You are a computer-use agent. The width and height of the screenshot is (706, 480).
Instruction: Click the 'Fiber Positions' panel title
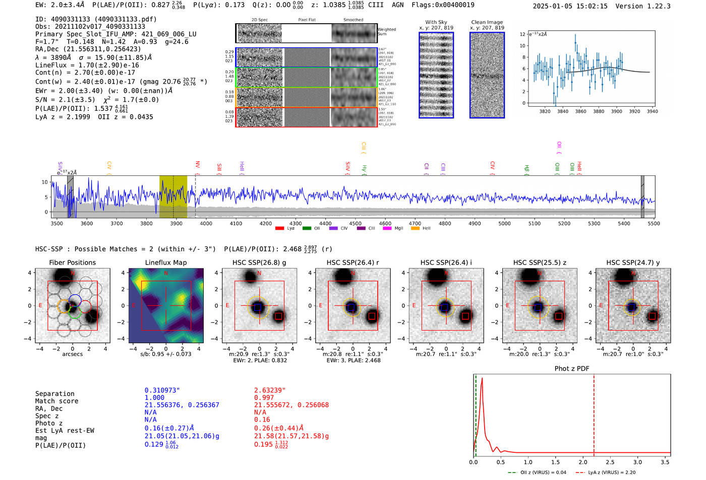72,262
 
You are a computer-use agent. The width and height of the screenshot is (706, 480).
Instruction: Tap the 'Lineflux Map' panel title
166,262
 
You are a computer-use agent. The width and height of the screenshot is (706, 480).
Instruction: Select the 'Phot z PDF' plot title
572,369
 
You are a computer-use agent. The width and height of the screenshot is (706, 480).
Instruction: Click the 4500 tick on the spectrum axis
355,224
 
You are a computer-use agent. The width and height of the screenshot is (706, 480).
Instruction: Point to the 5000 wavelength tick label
504,224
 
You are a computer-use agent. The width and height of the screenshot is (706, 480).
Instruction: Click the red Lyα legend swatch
280,229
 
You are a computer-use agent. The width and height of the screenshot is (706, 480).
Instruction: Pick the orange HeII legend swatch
415,229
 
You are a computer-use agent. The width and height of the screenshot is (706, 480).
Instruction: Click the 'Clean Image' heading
487,22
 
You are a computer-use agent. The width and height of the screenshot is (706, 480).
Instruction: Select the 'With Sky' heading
436,22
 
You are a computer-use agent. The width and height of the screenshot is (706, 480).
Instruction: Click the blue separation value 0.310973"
162,390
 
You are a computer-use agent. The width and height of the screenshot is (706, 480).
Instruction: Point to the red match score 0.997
264,398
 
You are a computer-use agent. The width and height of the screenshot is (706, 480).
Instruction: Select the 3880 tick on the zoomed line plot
599,111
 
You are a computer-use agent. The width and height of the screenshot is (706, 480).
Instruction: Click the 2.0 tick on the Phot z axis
582,462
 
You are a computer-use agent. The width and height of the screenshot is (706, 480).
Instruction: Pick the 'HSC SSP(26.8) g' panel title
259,262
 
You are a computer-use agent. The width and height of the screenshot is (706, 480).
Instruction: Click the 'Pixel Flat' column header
307,20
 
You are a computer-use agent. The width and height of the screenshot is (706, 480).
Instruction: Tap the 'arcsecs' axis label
72,354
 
